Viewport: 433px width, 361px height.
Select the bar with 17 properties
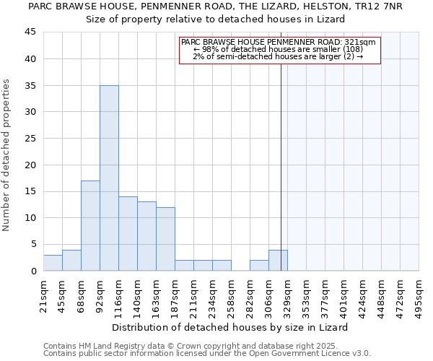[x=90, y=225]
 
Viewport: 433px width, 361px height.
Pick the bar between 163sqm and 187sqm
[x=165, y=239]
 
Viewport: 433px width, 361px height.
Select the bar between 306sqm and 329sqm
[x=278, y=261]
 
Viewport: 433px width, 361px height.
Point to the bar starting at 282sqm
[x=259, y=266]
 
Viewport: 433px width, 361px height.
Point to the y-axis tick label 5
[x=33, y=244]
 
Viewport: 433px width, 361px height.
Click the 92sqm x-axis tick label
[x=100, y=292]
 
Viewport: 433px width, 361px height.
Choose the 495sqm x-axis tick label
[x=419, y=292]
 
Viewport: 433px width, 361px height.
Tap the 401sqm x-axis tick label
[x=344, y=292]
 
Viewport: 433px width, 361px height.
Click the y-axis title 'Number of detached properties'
[x=7, y=155]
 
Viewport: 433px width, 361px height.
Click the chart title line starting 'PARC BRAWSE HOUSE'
[x=214, y=6]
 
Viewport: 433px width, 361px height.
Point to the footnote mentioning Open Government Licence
[x=207, y=354]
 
